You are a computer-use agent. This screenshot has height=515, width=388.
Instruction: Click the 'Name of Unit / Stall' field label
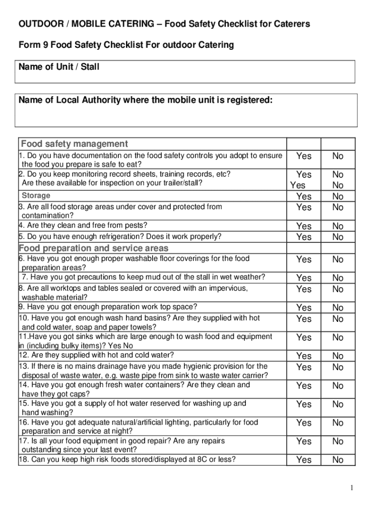(x=59, y=67)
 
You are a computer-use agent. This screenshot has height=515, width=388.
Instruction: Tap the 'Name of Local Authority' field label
(x=146, y=100)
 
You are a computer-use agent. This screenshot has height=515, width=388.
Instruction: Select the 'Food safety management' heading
(x=75, y=144)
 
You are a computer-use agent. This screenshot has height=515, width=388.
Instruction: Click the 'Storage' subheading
(x=36, y=196)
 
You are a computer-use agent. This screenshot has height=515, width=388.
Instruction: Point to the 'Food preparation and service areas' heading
(x=94, y=248)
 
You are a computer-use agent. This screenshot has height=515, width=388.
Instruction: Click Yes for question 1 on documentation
(x=304, y=156)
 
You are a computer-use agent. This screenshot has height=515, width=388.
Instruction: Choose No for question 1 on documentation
(x=338, y=156)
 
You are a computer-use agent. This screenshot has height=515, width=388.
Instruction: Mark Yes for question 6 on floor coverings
(x=304, y=260)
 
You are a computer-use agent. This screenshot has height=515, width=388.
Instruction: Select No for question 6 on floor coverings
(x=338, y=260)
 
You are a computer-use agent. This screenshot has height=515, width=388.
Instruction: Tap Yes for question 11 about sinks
(x=304, y=337)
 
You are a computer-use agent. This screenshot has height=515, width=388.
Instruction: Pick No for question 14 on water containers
(x=338, y=386)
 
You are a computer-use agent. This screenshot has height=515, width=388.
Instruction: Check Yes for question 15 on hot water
(x=304, y=404)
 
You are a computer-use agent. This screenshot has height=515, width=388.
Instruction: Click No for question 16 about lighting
(x=338, y=423)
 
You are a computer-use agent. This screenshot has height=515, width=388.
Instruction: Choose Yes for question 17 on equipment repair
(x=304, y=441)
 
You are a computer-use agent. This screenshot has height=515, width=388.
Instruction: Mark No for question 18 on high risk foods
(x=338, y=460)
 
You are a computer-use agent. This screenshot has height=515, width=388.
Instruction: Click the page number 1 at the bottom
(x=353, y=488)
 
